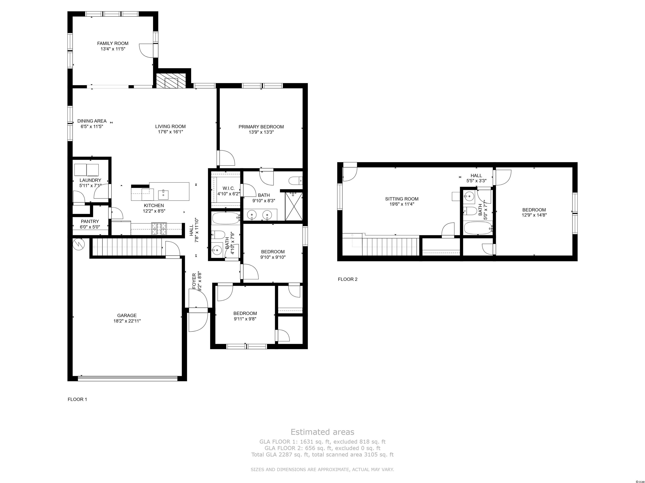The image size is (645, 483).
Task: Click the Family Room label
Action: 113,43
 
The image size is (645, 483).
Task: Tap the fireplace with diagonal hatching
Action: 171,81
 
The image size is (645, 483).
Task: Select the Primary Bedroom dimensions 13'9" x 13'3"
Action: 261,132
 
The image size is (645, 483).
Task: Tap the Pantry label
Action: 90,222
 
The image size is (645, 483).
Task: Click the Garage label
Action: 127,315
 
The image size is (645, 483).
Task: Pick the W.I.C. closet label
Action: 229,188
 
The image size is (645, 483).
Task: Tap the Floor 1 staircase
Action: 127,247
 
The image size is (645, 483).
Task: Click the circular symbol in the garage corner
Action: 79,244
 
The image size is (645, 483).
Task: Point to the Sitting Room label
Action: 402,199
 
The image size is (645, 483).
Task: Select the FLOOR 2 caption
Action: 347,279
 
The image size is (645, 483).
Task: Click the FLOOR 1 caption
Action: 77,399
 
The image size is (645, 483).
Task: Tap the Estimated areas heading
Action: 322,432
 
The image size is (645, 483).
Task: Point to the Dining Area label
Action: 92,121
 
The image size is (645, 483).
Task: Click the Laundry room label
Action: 90,180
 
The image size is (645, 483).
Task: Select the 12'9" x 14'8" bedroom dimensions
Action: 534,215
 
